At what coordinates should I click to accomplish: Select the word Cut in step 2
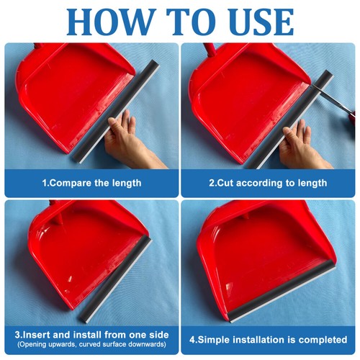(x=226, y=183)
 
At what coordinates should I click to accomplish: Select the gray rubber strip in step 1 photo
(x=116, y=112)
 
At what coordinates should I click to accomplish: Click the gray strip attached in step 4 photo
(x=282, y=291)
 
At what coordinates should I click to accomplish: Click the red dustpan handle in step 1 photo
(x=39, y=47)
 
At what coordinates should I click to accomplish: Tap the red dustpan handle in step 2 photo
(x=210, y=50)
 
